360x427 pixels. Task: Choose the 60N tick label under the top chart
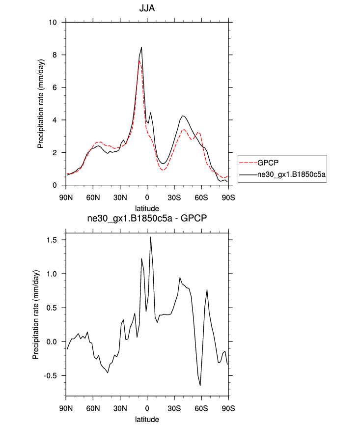(93, 198)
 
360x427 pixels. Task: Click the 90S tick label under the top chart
(228, 198)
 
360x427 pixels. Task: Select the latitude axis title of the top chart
(147, 208)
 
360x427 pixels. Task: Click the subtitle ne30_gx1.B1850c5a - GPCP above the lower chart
(147, 220)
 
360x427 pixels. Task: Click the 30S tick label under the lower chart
(174, 409)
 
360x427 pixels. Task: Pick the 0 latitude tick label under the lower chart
(147, 409)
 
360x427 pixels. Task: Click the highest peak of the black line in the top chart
(141, 48)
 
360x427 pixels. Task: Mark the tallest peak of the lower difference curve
(150, 237)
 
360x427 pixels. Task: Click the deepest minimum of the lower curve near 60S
(200, 386)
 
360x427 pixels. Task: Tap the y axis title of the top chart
(41, 103)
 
